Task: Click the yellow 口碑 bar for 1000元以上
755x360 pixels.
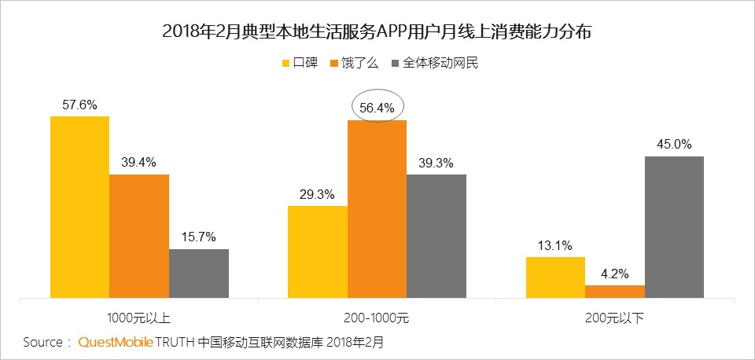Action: pyautogui.click(x=79, y=207)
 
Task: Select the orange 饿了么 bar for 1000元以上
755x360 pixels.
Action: pyautogui.click(x=139, y=236)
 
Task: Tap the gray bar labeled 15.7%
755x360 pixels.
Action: pyautogui.click(x=199, y=274)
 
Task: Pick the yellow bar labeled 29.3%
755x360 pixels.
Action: pyautogui.click(x=317, y=252)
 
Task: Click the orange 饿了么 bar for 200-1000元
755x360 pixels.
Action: pyautogui.click(x=377, y=209)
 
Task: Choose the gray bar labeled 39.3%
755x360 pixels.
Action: pyautogui.click(x=436, y=236)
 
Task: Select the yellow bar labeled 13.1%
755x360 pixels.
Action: pyautogui.click(x=555, y=277)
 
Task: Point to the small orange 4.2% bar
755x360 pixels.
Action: pyautogui.click(x=615, y=291)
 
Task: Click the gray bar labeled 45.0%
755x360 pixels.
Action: pyautogui.click(x=675, y=226)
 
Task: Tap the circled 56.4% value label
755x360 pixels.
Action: pyautogui.click(x=377, y=107)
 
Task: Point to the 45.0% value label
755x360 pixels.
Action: pyautogui.click(x=675, y=144)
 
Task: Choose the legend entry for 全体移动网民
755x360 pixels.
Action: pyautogui.click(x=434, y=63)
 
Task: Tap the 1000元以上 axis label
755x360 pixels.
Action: pyautogui.click(x=138, y=318)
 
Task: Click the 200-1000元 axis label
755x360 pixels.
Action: pyautogui.click(x=377, y=318)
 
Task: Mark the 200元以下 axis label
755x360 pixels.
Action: pyautogui.click(x=615, y=318)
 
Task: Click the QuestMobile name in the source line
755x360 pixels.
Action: pyautogui.click(x=116, y=343)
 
